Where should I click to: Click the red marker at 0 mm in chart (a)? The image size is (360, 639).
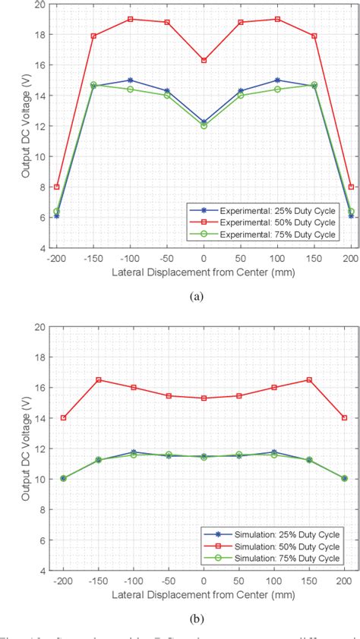click(x=204, y=60)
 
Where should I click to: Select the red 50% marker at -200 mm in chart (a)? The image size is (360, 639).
click(x=56, y=187)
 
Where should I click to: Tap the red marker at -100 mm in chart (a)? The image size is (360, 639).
click(x=130, y=19)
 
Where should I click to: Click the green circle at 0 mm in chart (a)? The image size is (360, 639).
click(x=204, y=125)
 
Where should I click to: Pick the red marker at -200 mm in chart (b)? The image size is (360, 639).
click(x=63, y=417)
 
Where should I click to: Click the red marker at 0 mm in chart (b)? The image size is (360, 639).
click(x=204, y=398)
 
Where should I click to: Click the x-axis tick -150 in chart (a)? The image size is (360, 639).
click(x=93, y=258)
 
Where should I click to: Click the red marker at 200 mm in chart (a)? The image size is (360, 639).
click(x=351, y=187)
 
